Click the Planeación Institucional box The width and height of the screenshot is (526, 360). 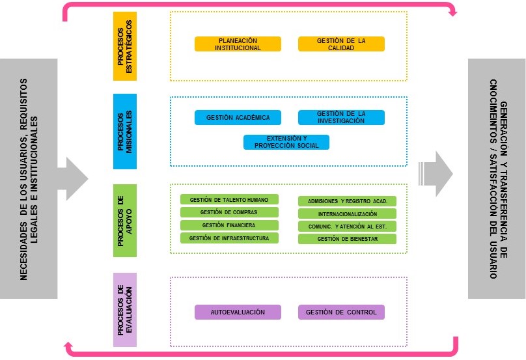[238, 44]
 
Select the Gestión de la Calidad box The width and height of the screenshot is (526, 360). [341, 44]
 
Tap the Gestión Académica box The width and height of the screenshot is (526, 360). [238, 117]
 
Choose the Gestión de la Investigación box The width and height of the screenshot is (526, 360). [341, 117]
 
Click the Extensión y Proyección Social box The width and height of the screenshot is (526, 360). [286, 142]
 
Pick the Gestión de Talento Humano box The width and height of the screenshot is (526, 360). [229, 199]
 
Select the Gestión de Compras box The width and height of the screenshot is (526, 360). [229, 212]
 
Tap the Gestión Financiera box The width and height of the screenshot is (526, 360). [229, 225]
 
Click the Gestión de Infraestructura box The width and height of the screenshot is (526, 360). [229, 238]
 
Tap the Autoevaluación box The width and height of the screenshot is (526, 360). [238, 312]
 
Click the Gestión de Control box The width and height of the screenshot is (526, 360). [341, 312]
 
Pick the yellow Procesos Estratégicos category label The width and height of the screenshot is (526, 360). [125, 46]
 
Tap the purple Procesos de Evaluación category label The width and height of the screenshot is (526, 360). [125, 310]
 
